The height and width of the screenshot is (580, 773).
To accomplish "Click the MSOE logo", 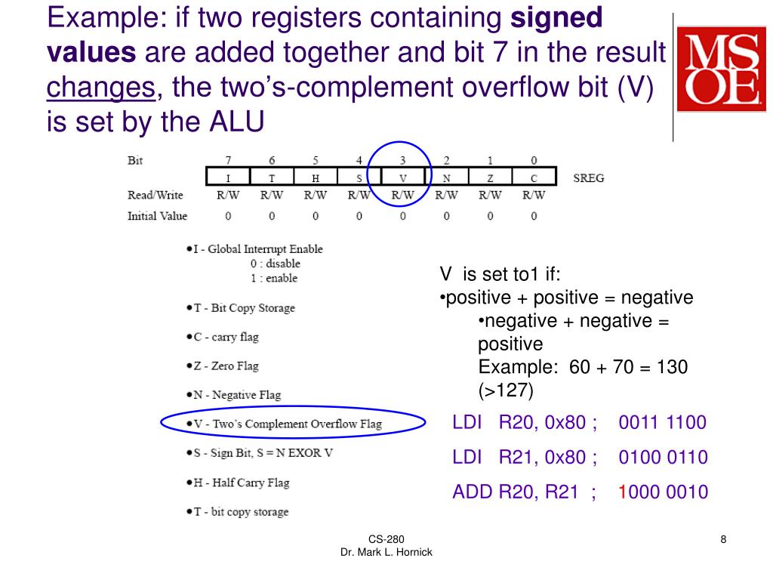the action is click(721, 69).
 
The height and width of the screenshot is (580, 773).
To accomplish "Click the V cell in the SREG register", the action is click(402, 178).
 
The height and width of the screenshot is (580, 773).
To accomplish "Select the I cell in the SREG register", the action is click(228, 178).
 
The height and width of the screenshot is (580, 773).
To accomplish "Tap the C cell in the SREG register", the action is click(534, 178).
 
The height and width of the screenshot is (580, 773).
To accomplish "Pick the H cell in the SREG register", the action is click(316, 178).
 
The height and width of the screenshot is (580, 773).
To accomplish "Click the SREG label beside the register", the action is click(588, 179).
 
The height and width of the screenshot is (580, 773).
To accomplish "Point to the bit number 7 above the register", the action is click(228, 161).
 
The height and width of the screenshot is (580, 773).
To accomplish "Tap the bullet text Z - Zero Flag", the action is click(225, 366).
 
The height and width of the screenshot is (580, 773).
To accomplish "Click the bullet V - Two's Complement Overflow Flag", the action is click(287, 424).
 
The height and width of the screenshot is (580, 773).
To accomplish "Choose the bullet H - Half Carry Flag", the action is click(241, 483).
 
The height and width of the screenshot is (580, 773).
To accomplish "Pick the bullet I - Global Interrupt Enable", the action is click(257, 249).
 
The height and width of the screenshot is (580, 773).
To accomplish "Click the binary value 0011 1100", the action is click(662, 422).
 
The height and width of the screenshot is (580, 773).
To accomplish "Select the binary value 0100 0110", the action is click(662, 457).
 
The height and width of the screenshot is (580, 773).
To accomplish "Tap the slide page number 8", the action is click(723, 539).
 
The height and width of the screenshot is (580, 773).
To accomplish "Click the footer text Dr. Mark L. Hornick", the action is click(386, 553).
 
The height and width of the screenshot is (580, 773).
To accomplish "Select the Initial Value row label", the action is click(157, 216).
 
